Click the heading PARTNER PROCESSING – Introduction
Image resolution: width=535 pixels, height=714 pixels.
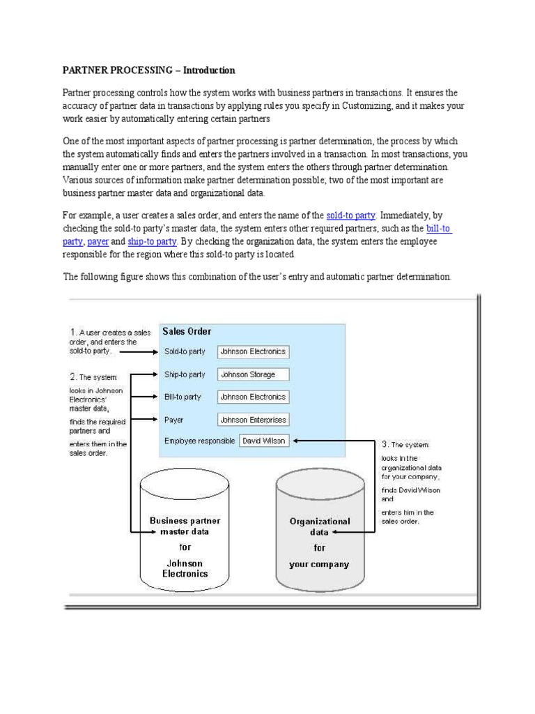tap(149, 70)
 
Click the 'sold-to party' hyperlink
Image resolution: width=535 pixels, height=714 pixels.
tap(355, 215)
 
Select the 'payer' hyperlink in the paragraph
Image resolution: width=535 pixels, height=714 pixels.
tap(98, 241)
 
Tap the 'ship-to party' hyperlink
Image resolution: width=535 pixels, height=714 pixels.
tap(152, 241)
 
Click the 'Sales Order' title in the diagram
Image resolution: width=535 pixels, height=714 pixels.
tap(187, 331)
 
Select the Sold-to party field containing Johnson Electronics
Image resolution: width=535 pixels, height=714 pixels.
tap(253, 352)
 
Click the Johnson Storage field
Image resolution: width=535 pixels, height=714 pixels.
tap(253, 374)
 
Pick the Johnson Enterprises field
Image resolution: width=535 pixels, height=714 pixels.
tap(253, 420)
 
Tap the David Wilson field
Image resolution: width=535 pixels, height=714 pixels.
tap(265, 441)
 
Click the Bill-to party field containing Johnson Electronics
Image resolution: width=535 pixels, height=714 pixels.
tap(253, 397)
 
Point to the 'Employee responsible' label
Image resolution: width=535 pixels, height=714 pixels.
tap(199, 441)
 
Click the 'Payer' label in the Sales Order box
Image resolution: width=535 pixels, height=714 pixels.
tap(173, 420)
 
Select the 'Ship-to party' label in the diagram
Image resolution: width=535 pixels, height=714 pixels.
tap(185, 374)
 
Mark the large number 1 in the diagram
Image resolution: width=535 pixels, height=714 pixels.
tap(72, 332)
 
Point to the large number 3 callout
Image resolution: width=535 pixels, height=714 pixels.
tap(385, 443)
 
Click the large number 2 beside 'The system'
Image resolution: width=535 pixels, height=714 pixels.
tap(73, 377)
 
